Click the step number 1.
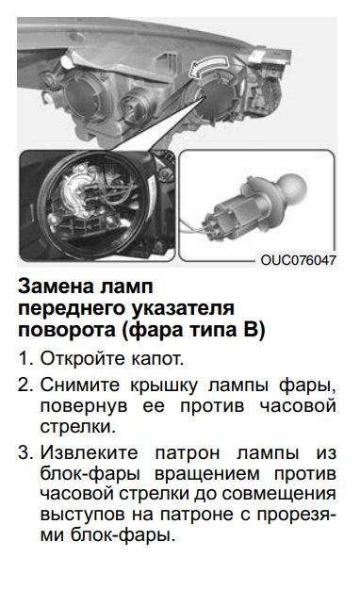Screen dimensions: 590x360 point(25,360)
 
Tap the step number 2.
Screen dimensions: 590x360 point(25,386)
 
